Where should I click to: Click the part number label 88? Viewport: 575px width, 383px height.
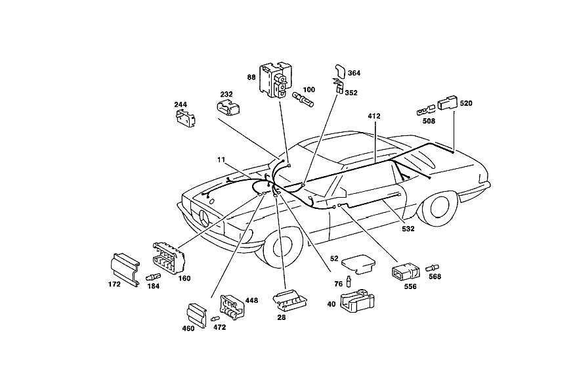coord(251,78)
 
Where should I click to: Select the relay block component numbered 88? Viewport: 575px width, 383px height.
coord(276,80)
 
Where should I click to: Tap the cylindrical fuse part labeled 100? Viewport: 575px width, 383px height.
coord(303,99)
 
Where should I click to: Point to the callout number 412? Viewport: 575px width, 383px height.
coord(374,116)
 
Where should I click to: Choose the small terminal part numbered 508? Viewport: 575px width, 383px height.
coord(426,110)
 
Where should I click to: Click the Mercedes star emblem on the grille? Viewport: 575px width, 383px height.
coord(204,220)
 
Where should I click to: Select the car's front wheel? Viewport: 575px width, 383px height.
coord(283,250)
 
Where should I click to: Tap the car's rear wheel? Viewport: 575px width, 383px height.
coord(439,208)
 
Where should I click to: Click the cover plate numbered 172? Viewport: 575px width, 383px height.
coord(125,269)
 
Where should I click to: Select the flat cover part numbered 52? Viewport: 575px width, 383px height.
coord(358,264)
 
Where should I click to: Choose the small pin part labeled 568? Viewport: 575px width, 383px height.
coord(433,268)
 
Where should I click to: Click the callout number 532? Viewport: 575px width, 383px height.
coord(408,229)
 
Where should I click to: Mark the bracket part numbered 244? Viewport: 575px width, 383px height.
coord(186,118)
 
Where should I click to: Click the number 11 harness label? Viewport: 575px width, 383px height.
coord(221,160)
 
